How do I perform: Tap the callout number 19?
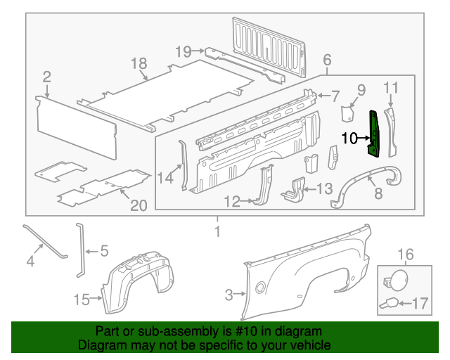(183, 51)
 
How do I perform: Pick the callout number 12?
(233, 202)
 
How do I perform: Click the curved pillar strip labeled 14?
(184, 165)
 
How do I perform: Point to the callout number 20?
(139, 205)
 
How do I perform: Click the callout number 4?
(30, 262)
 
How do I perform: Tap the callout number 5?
(103, 250)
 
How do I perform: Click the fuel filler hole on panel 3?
(261, 286)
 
